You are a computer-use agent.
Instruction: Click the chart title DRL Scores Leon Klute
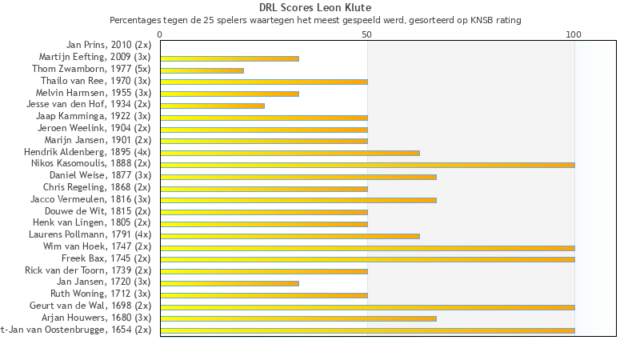tap(315, 8)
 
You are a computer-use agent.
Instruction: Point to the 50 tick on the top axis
tap(367, 34)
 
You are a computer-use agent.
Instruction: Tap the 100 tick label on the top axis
tap(574, 34)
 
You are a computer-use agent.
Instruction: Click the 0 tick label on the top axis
tap(160, 34)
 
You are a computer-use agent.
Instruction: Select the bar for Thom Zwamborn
tap(202, 70)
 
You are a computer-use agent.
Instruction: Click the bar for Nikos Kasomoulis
tap(367, 165)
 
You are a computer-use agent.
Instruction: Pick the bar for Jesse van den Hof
tap(212, 106)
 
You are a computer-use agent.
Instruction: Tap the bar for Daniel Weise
tap(298, 177)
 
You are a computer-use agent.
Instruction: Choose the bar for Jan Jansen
tap(230, 283)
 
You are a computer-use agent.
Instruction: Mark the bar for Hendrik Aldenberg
tap(290, 153)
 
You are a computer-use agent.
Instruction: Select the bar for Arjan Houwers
tap(298, 318)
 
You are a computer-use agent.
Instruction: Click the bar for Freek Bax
tap(367, 259)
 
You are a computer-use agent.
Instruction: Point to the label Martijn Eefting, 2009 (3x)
tap(94, 57)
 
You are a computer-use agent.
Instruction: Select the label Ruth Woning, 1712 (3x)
tap(100, 294)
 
